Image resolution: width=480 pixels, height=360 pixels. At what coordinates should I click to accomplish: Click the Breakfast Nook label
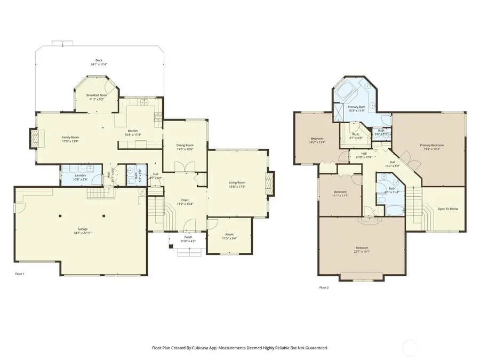tap(97, 95)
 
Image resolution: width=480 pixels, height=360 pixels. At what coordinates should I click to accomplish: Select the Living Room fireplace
tap(270, 184)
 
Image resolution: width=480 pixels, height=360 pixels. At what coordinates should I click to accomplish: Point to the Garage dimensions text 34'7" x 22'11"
tap(83, 233)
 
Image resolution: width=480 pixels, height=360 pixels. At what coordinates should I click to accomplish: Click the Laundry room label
tap(81, 175)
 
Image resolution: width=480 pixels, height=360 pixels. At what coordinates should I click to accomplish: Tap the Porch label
tap(188, 237)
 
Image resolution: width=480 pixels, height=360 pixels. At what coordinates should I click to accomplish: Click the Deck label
tap(99, 60)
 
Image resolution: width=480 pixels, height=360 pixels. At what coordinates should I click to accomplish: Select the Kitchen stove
tap(157, 115)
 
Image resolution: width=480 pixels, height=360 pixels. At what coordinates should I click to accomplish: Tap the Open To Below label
tap(447, 209)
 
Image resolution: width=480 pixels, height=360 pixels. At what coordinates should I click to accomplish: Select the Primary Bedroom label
tap(431, 145)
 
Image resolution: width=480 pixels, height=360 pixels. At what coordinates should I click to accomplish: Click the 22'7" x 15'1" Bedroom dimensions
tap(362, 251)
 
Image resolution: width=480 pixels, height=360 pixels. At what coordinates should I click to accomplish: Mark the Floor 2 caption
tap(324, 287)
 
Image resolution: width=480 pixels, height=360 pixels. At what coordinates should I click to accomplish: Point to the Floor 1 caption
tap(19, 274)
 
